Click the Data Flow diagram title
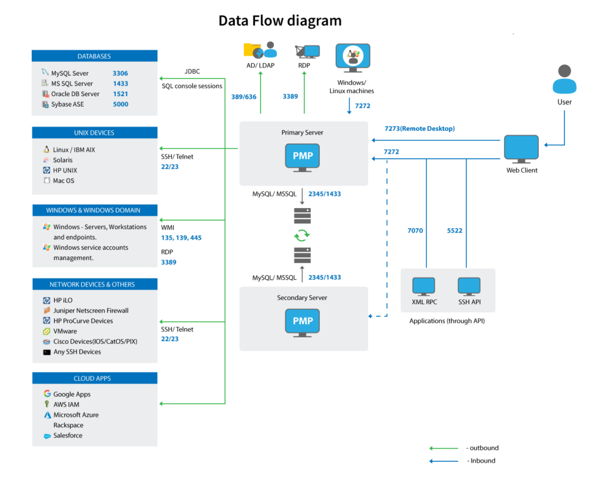tap(280, 21)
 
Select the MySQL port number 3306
tap(120, 73)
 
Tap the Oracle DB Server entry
tap(75, 94)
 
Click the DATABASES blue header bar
tap(94, 56)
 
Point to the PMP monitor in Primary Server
tap(302, 157)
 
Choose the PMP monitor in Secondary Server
tap(302, 322)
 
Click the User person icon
tap(564, 79)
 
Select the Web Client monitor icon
tap(521, 149)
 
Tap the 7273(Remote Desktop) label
tap(419, 128)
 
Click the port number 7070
tap(415, 230)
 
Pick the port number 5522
tap(455, 230)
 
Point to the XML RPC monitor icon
tap(423, 286)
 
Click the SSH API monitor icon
tap(469, 286)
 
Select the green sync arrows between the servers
tap(302, 235)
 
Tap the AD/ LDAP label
tap(260, 65)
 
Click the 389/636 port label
tap(243, 97)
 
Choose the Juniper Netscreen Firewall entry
tap(91, 311)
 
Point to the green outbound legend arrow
tap(444, 449)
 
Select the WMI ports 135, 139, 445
tap(181, 238)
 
